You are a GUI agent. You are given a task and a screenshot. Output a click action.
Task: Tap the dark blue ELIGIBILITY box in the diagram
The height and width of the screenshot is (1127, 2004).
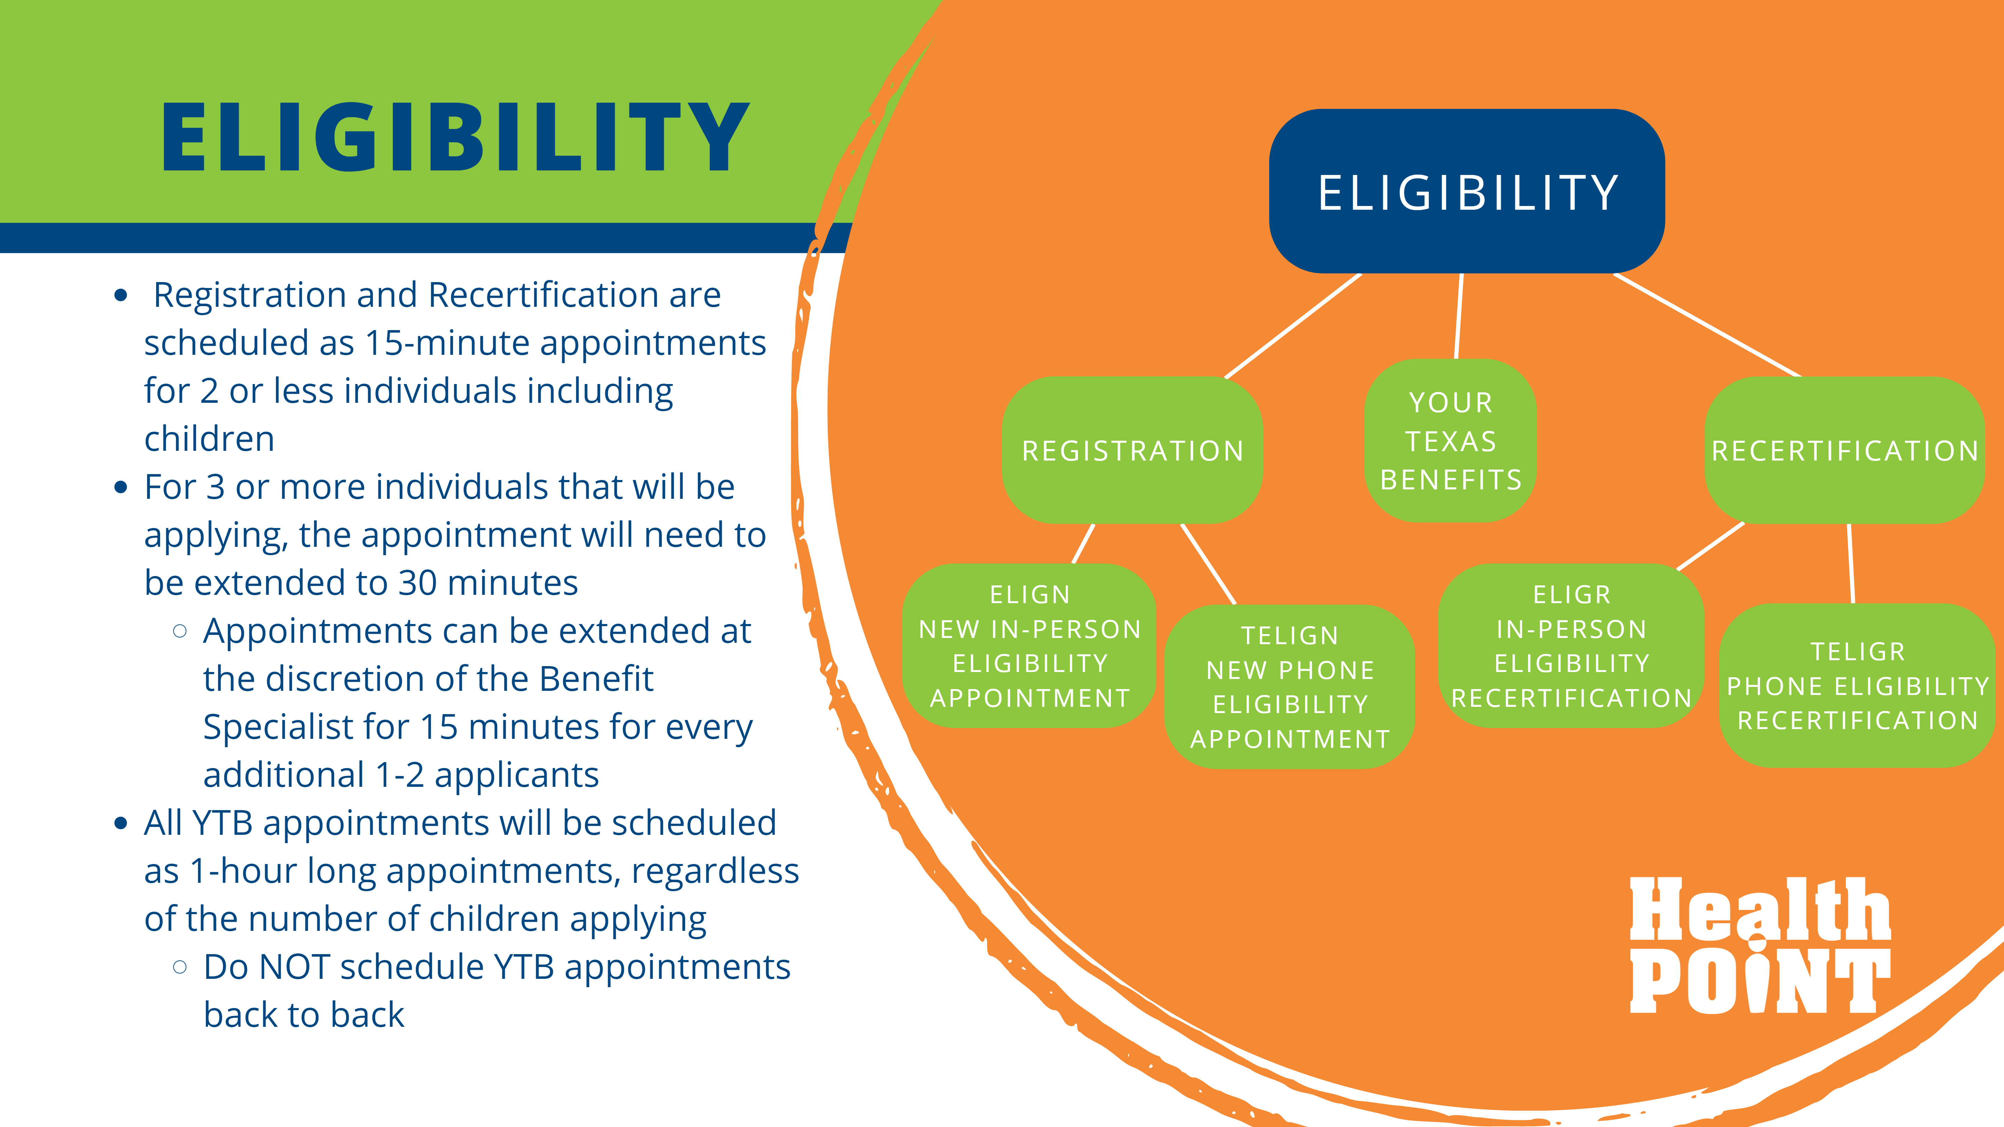(1467, 191)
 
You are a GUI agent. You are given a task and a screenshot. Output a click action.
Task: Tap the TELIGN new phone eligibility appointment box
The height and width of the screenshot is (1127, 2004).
(1290, 687)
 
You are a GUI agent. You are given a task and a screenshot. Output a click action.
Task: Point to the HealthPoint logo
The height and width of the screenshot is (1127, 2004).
(1760, 945)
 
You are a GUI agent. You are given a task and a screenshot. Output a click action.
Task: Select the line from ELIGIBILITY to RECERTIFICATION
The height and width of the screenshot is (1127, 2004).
(1708, 325)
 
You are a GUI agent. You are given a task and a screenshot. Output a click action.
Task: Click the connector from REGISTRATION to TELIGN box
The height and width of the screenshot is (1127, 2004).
(1208, 564)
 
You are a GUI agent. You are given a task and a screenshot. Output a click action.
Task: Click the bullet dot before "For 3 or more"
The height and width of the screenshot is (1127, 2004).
(121, 488)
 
